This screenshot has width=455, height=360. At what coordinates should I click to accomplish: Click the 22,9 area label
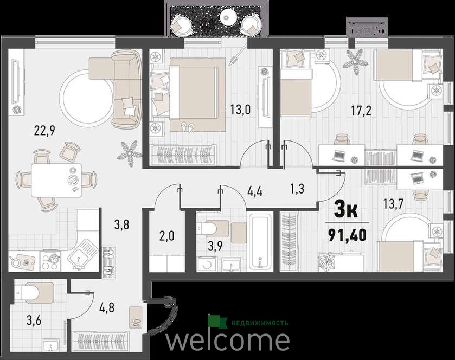pos(44,131)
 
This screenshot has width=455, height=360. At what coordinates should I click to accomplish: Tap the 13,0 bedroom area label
pos(240,110)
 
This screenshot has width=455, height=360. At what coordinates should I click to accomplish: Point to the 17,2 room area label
pos(361,111)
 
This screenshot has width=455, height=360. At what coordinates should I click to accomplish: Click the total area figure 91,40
pos(347,235)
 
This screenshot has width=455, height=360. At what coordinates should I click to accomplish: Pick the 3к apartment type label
pos(346,210)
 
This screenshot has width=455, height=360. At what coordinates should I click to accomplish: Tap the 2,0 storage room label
pos(167,236)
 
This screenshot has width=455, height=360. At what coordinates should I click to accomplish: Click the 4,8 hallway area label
pos(106,307)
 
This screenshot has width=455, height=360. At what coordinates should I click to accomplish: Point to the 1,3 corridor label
pos(297,189)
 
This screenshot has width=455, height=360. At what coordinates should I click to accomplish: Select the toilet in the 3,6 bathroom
pos(34,292)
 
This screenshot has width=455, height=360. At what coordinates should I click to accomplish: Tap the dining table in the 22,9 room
pos(56,181)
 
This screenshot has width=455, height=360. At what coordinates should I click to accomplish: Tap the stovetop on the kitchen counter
pos(50,260)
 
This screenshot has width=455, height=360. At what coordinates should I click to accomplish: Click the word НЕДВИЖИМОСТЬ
pos(259,323)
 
